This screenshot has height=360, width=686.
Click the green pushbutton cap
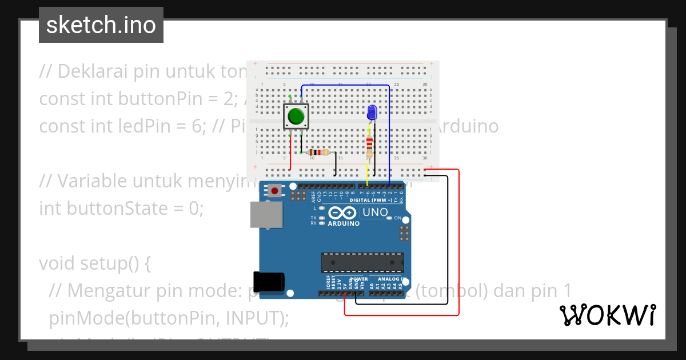pyautogui.click(x=296, y=117)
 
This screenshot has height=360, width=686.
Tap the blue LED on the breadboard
pyautogui.click(x=372, y=112)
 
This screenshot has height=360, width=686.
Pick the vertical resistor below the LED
pyautogui.click(x=369, y=146)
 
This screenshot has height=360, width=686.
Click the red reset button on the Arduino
pyautogui.click(x=276, y=190)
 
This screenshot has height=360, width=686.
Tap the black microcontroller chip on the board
pyautogui.click(x=362, y=262)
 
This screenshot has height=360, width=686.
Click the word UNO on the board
pyautogui.click(x=375, y=213)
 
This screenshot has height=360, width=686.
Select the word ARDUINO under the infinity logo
pyautogui.click(x=344, y=223)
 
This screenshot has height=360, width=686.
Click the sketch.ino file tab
pyautogui.click(x=101, y=25)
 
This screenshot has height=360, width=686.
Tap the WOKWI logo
pyautogui.click(x=607, y=315)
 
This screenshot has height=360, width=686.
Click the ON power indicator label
pyautogui.click(x=397, y=218)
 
